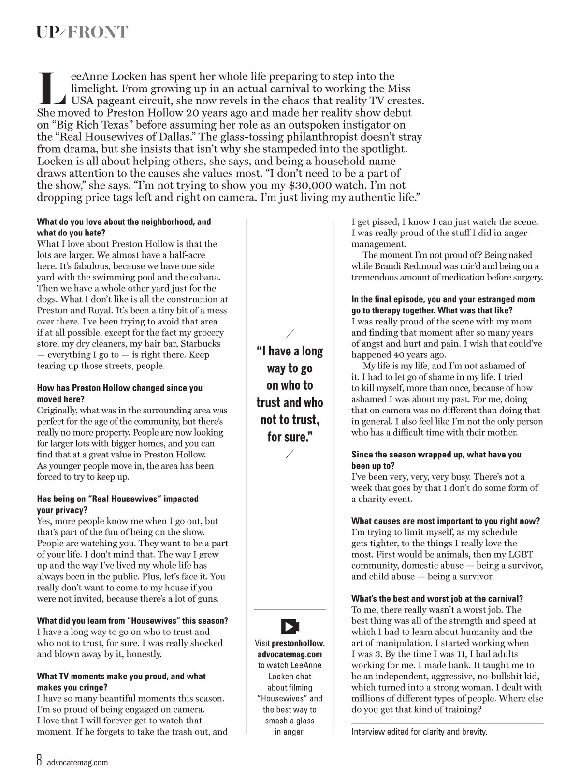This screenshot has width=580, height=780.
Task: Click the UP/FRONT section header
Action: click(x=83, y=32)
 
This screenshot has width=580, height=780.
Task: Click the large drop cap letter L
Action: click(x=51, y=88)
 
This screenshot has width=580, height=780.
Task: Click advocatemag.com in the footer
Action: click(x=77, y=763)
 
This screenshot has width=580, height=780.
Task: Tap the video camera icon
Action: click(x=290, y=627)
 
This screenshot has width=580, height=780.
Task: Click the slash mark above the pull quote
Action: click(x=290, y=334)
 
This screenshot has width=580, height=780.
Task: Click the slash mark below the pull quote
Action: click(x=290, y=454)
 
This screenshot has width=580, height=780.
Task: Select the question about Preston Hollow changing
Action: click(x=119, y=394)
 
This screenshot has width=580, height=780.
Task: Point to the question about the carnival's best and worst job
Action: click(x=437, y=599)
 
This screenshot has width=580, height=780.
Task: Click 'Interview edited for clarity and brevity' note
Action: click(x=419, y=732)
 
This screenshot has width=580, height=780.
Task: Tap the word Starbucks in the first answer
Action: click(x=200, y=344)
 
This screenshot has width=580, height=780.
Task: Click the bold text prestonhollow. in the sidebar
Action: click(x=298, y=643)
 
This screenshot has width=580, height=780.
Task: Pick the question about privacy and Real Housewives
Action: click(x=117, y=504)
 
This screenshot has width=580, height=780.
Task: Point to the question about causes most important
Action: click(x=446, y=521)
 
